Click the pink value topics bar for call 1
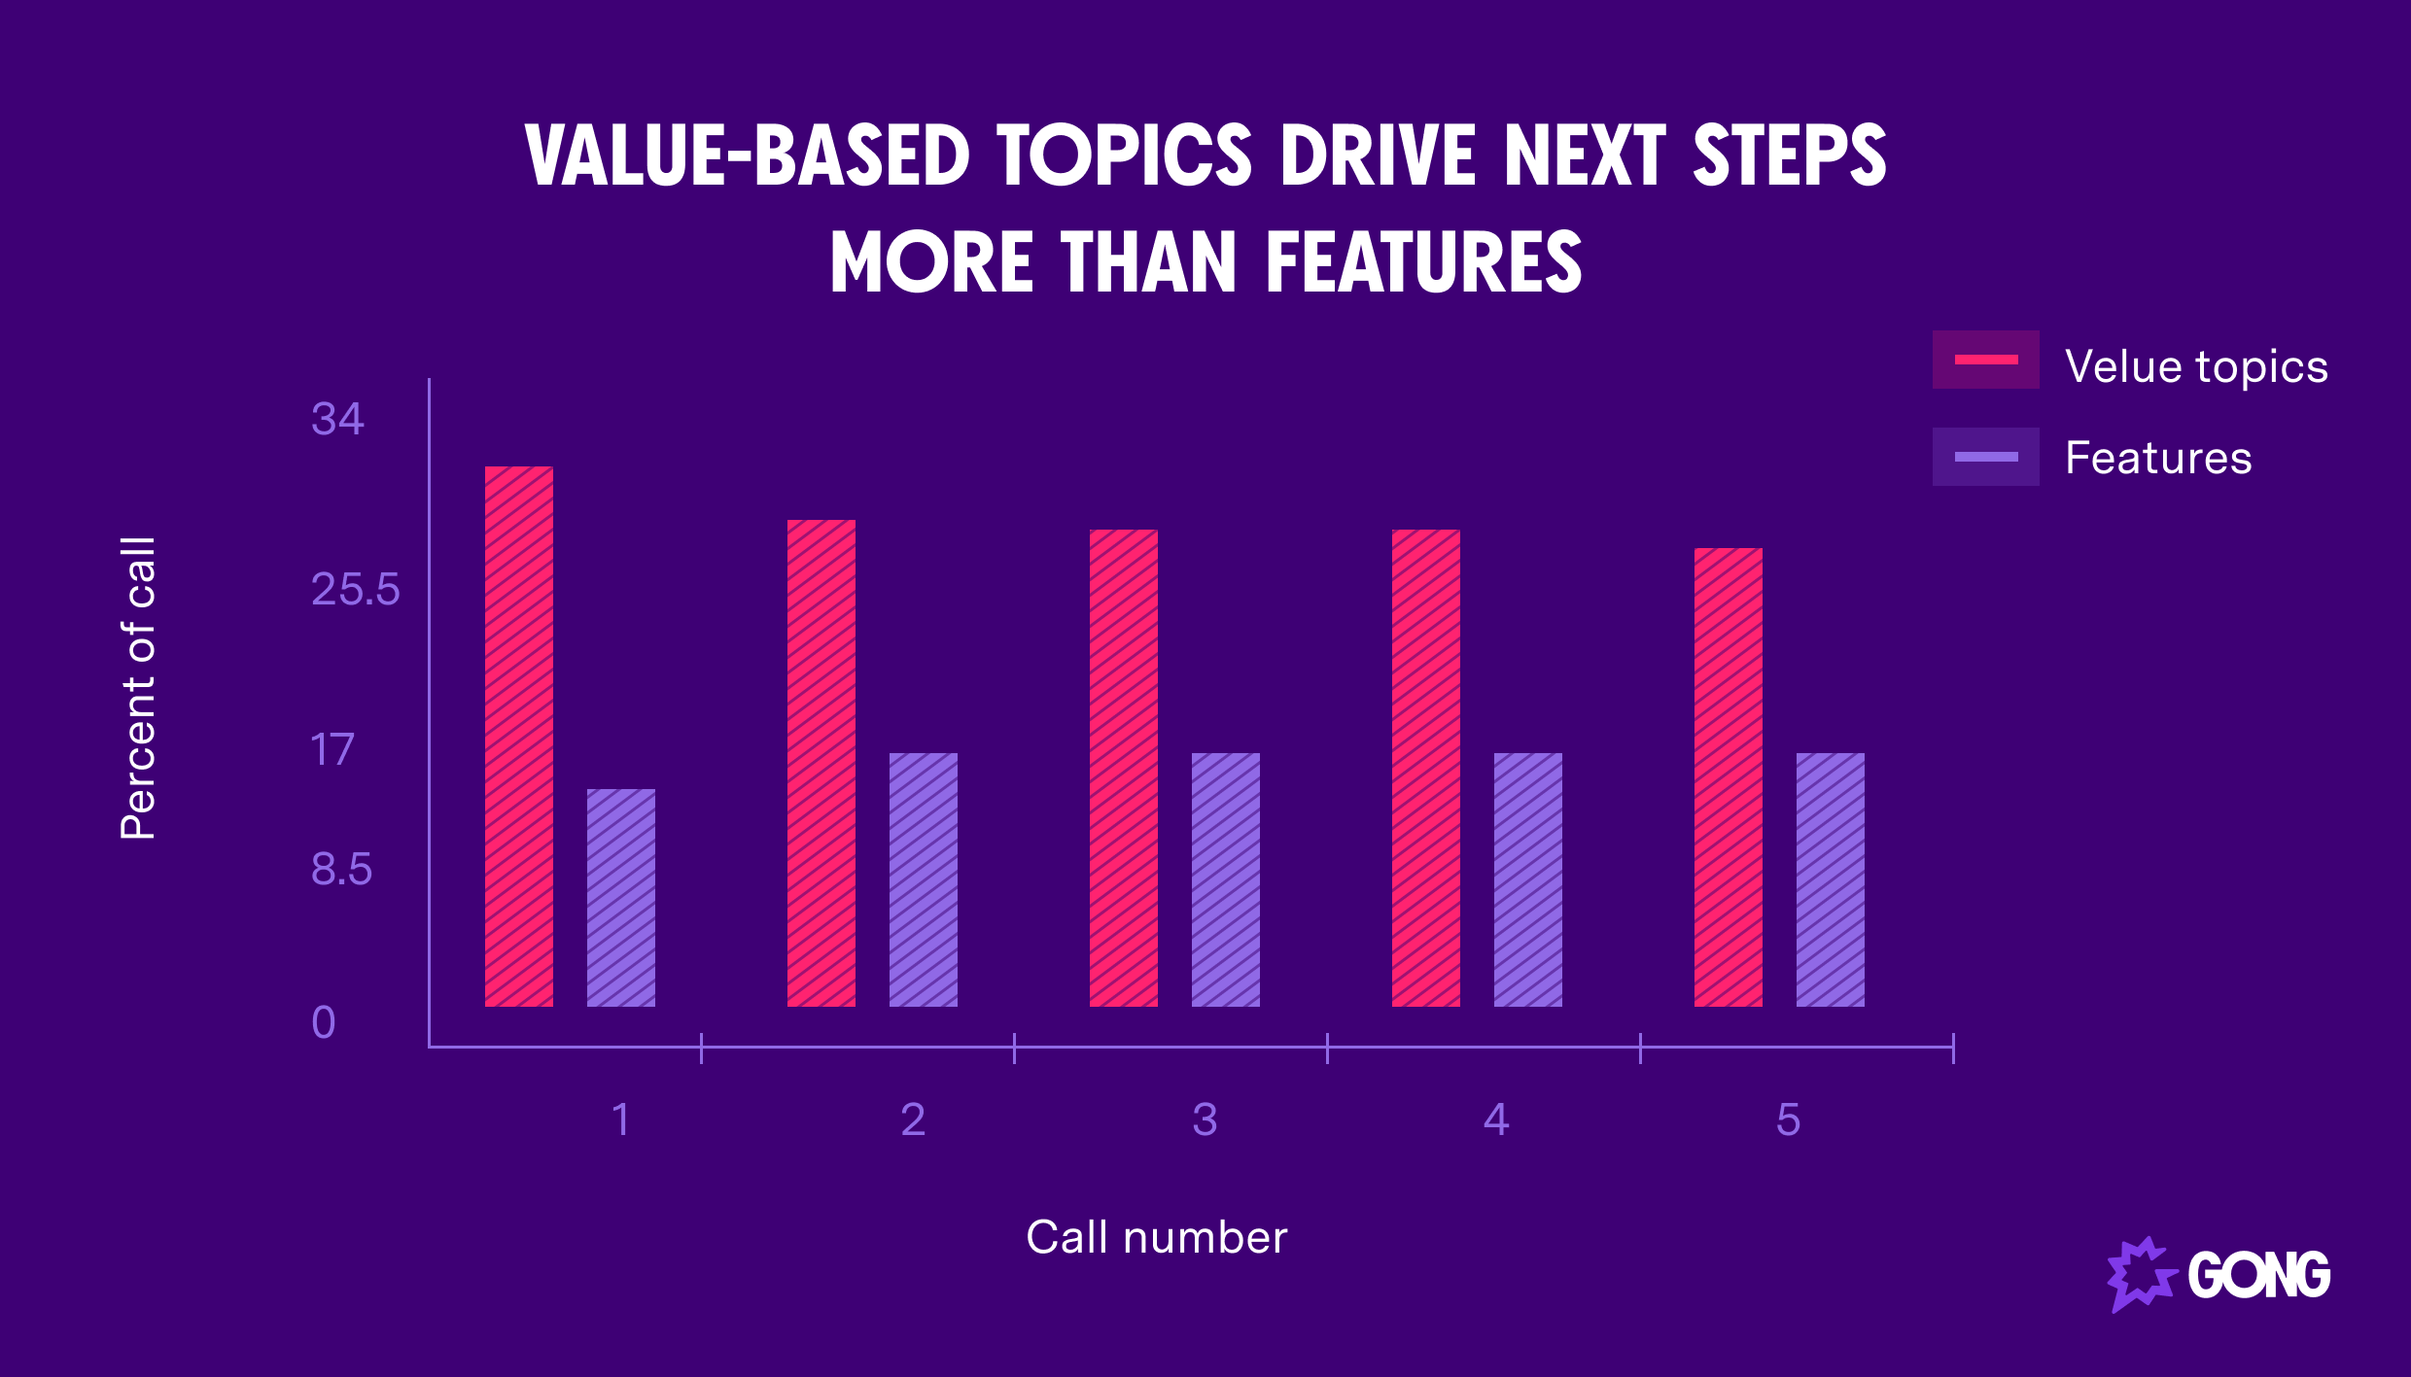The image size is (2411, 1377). pyautogui.click(x=519, y=736)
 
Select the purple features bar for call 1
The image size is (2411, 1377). pyautogui.click(x=621, y=897)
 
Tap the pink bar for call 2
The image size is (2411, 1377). pyautogui.click(x=821, y=763)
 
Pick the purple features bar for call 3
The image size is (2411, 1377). pyautogui.click(x=1226, y=879)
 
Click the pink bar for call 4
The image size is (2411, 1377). pyautogui.click(x=1426, y=768)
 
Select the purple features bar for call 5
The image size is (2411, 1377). pyautogui.click(x=1831, y=879)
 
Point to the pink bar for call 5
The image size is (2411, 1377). pyautogui.click(x=1729, y=776)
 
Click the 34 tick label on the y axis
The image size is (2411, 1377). pyautogui.click(x=337, y=419)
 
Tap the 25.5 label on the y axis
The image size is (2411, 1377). pyautogui.click(x=355, y=589)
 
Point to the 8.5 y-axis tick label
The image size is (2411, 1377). pyautogui.click(x=341, y=869)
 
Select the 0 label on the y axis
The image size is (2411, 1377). pyautogui.click(x=324, y=1022)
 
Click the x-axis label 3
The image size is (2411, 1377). pyautogui.click(x=1205, y=1119)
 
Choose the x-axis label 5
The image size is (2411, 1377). pyautogui.click(x=1788, y=1119)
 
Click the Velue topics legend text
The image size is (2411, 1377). pyautogui.click(x=2196, y=366)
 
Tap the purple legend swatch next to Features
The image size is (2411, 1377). pyautogui.click(x=1985, y=457)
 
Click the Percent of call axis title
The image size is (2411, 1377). pyautogui.click(x=138, y=687)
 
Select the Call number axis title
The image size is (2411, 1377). pyautogui.click(x=1157, y=1237)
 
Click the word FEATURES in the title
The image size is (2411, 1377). pyautogui.click(x=1424, y=262)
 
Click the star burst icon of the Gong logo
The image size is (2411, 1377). pyautogui.click(x=2140, y=1274)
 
